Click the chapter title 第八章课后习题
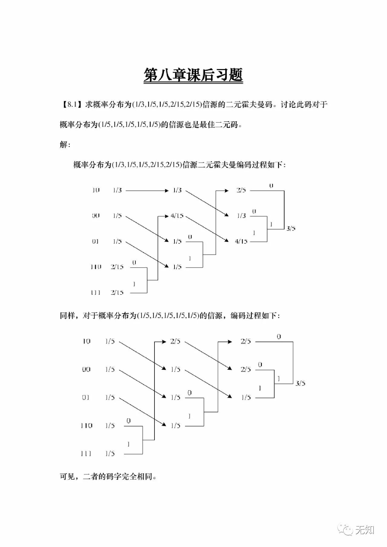click(193, 75)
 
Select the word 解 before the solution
click(63, 145)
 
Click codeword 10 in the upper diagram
click(96, 190)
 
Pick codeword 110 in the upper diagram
click(96, 267)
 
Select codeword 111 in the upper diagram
click(96, 292)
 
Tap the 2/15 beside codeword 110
click(117, 267)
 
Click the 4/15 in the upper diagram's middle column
click(177, 216)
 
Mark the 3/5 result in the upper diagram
click(291, 229)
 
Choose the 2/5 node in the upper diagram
click(241, 190)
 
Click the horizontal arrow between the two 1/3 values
click(147, 191)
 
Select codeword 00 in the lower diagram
click(86, 369)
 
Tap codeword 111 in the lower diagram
click(86, 454)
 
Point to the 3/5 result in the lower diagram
click(300, 384)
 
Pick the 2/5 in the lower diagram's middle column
click(175, 342)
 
